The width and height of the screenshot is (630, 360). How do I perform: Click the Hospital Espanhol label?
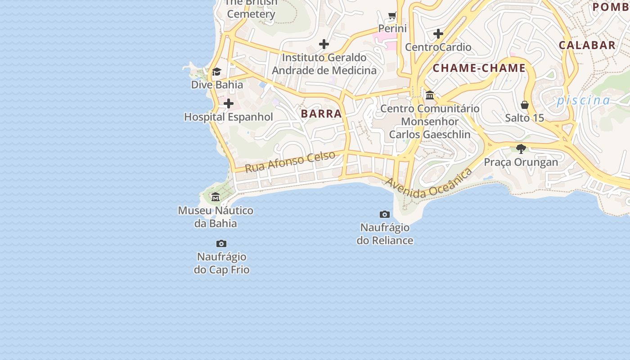coord(229,117)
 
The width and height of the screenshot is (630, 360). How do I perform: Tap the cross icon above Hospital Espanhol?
coord(229,104)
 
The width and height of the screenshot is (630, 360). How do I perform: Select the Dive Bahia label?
coord(217,85)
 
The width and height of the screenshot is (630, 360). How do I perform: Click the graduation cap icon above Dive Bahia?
coord(217,72)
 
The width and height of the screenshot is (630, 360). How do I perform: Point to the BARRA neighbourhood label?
coord(321,114)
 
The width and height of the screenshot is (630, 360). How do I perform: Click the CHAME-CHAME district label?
coord(479,68)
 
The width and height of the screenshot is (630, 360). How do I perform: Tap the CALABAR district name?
coord(587,45)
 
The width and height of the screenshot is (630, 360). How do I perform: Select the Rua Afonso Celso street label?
coord(290,162)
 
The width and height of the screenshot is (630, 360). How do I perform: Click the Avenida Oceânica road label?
coord(429,184)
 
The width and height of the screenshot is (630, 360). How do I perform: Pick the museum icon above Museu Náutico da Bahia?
coord(216,197)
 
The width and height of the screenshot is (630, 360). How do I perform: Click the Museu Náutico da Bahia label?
coord(216,217)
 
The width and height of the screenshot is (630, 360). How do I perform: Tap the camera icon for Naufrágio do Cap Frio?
coord(221,244)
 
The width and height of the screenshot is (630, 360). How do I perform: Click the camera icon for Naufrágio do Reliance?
coord(385,214)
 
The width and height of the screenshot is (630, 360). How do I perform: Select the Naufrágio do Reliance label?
coord(385,234)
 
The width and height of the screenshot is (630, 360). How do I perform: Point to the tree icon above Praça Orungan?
coord(521,149)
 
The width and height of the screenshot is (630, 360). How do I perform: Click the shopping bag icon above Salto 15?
coord(525,105)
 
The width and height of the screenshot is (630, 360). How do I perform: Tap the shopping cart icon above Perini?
coord(392,16)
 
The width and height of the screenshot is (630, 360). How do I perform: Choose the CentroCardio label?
coord(438,47)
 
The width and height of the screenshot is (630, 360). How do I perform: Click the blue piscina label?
coord(584,100)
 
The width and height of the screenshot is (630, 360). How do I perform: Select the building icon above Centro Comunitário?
coord(430,95)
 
